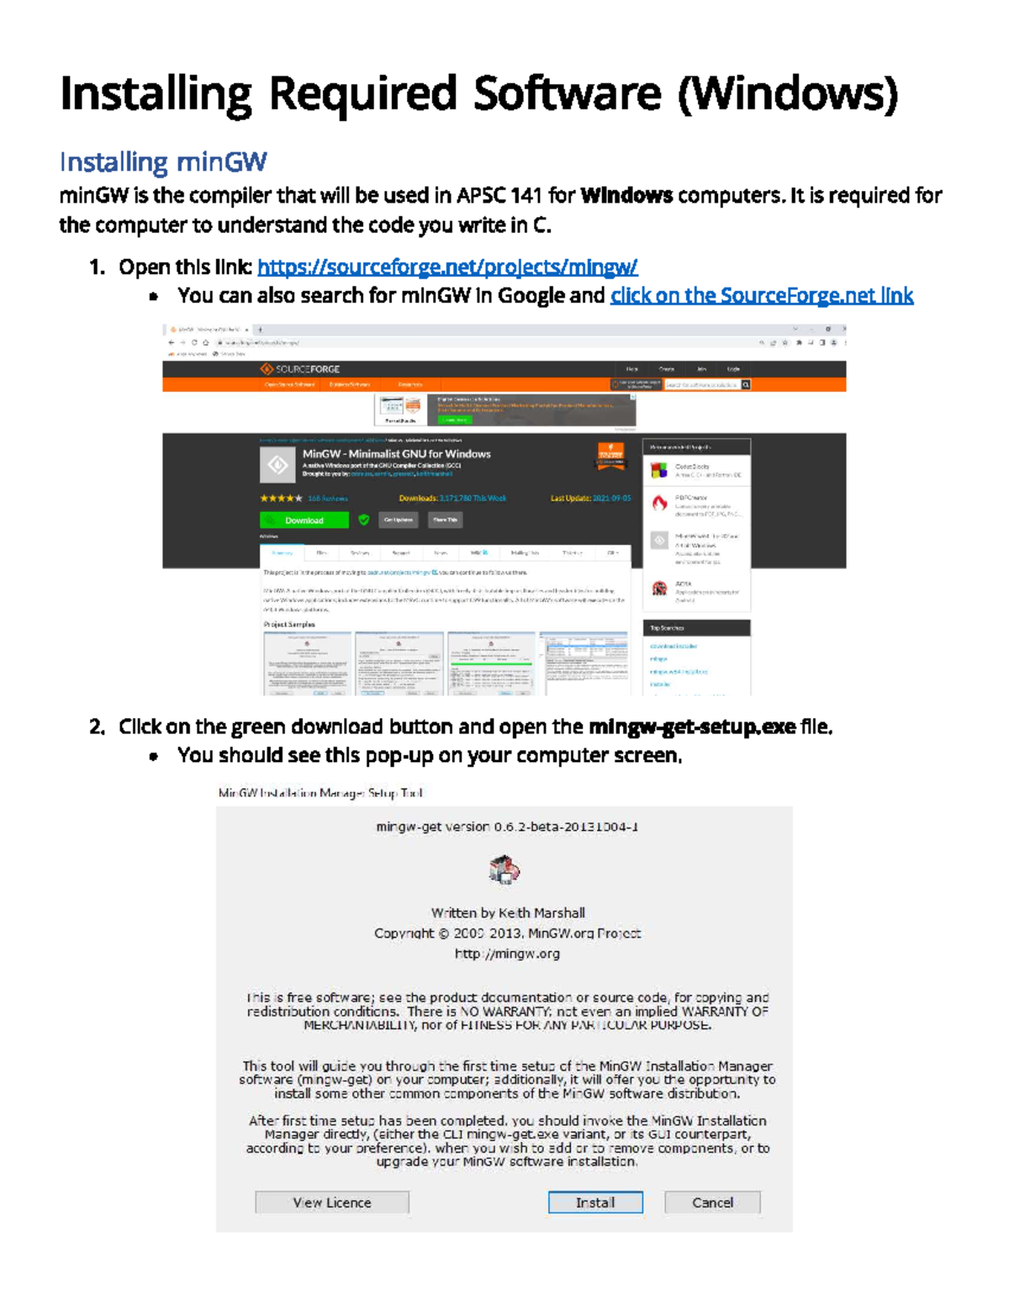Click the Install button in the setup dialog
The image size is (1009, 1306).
[595, 1203]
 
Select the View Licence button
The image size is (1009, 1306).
[332, 1203]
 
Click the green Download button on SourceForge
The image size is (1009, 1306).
[304, 521]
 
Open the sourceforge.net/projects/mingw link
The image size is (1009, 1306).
[447, 267]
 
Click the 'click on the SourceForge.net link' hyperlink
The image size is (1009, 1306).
[761, 296]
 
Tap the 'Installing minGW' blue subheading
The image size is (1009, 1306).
[163, 161]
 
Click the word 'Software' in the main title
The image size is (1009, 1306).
[567, 93]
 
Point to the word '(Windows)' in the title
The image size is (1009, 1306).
[788, 93]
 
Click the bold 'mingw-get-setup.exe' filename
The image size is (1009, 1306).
[692, 727]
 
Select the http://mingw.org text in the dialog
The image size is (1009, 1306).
[507, 954]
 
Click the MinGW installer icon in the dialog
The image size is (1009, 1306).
[504, 870]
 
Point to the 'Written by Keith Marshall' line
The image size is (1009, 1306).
[508, 912]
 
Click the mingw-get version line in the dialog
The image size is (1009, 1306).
[507, 827]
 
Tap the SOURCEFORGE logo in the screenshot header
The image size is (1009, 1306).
[300, 369]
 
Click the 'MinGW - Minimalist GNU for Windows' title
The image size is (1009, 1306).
[396, 454]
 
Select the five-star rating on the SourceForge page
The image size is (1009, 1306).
[281, 499]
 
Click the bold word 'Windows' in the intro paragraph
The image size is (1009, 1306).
[626, 196]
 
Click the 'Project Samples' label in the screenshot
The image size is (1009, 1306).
[289, 625]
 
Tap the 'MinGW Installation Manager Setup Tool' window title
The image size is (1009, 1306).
[320, 793]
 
